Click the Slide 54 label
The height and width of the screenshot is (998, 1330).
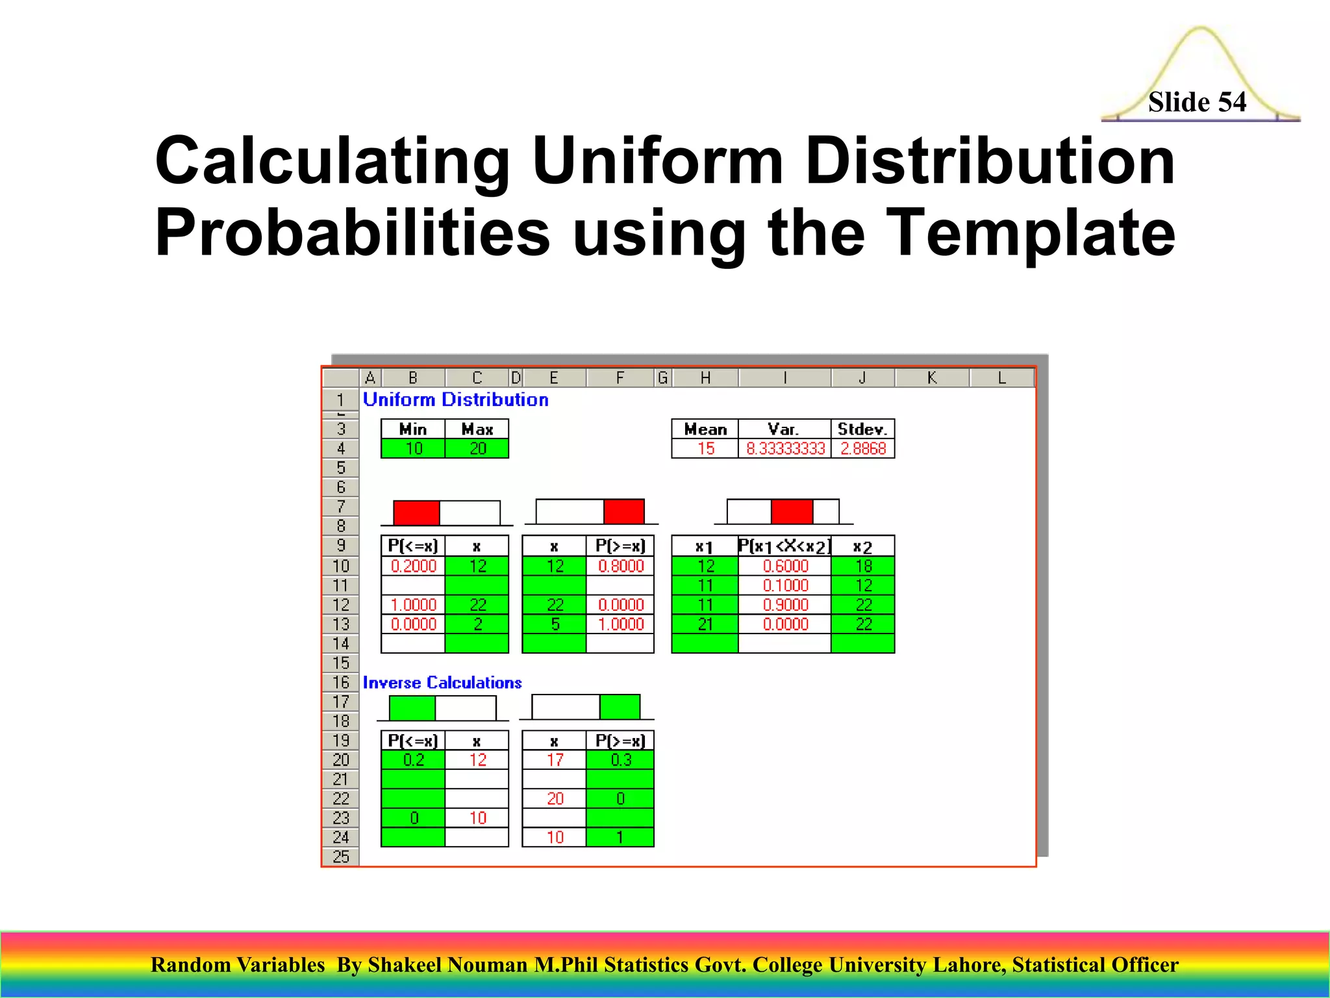pyautogui.click(x=1196, y=102)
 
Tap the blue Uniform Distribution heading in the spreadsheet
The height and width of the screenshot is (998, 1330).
pyautogui.click(x=455, y=400)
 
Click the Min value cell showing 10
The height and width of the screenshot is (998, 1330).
pyautogui.click(x=413, y=448)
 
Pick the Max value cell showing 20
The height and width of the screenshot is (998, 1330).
pyautogui.click(x=477, y=448)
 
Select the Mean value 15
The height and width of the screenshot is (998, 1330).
pyautogui.click(x=705, y=448)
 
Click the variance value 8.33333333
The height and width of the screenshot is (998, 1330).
pyautogui.click(x=784, y=448)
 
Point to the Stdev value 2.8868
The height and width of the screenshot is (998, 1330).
pyautogui.click(x=862, y=448)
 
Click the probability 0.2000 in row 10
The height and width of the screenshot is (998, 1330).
pyautogui.click(x=413, y=566)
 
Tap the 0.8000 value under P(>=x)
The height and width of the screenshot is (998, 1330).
pyautogui.click(x=620, y=566)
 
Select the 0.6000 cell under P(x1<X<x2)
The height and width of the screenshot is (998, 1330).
pyautogui.click(x=784, y=566)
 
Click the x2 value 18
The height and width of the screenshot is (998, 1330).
pyautogui.click(x=863, y=566)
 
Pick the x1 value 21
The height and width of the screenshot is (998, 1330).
pyautogui.click(x=705, y=624)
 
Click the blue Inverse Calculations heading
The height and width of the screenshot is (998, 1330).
pyautogui.click(x=442, y=683)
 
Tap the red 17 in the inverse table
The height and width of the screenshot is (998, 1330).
pyautogui.click(x=555, y=760)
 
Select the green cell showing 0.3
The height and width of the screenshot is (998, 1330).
pyautogui.click(x=620, y=760)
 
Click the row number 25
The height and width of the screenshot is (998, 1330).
pyautogui.click(x=340, y=856)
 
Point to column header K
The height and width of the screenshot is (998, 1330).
pyautogui.click(x=931, y=377)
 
